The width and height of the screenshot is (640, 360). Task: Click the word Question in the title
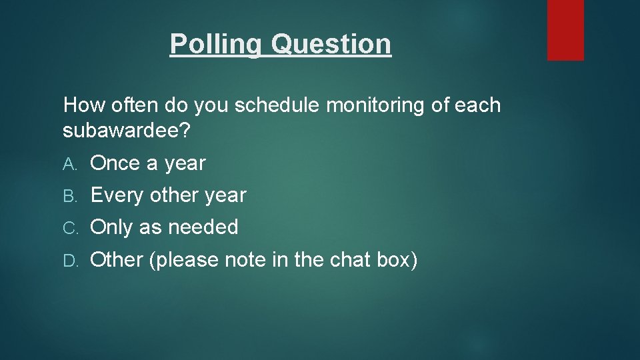pos(331,45)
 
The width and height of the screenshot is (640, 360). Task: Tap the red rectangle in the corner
pos(565,29)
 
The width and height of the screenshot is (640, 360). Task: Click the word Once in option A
pos(115,163)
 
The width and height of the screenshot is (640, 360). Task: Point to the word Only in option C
pos(111,227)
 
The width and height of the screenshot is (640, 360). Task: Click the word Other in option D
pos(117,259)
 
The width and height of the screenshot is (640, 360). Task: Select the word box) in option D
pos(398,259)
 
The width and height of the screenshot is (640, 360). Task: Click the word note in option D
pos(245,259)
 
